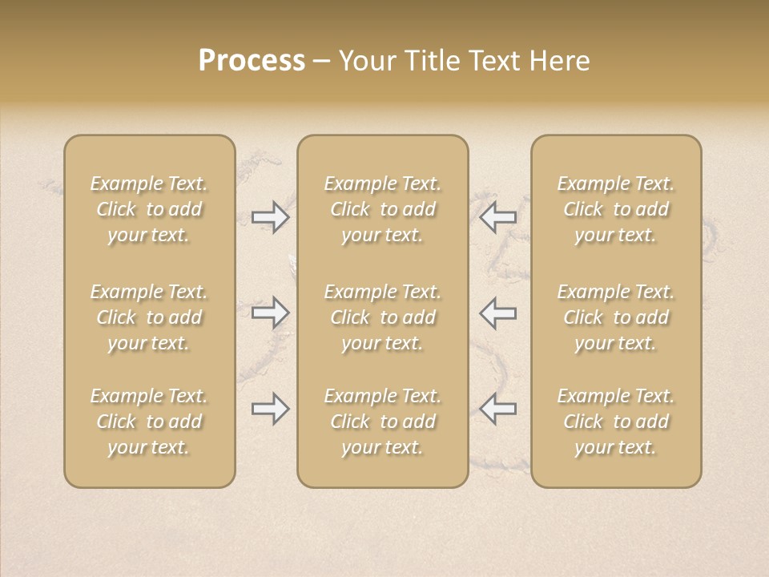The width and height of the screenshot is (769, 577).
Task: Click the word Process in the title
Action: coord(252,61)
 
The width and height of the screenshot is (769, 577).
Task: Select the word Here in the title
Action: coord(559,61)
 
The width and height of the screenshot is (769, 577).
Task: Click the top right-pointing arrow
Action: coord(271,217)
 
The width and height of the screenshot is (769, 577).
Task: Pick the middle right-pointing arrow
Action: coord(271,312)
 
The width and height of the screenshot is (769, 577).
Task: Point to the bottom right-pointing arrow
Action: coord(271,409)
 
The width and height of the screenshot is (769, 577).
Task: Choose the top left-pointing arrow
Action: coord(497,217)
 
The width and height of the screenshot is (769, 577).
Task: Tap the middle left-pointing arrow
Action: coord(497,312)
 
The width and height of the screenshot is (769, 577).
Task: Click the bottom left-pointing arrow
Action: coord(497,409)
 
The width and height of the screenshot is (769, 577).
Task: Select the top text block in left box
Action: coord(149,209)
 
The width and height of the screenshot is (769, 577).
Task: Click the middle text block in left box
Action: coord(149,317)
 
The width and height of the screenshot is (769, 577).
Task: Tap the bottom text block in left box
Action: coord(149,422)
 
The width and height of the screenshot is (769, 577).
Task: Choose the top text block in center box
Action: coord(382,209)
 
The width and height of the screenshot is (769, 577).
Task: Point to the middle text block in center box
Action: coord(382,317)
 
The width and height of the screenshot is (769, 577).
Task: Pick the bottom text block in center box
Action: coord(382,422)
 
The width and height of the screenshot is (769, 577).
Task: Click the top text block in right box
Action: coord(615,209)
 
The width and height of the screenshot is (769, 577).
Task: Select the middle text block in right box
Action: coord(615,317)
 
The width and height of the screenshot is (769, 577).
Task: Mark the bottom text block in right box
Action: coord(615,422)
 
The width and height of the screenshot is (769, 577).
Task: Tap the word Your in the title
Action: coord(365,61)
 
